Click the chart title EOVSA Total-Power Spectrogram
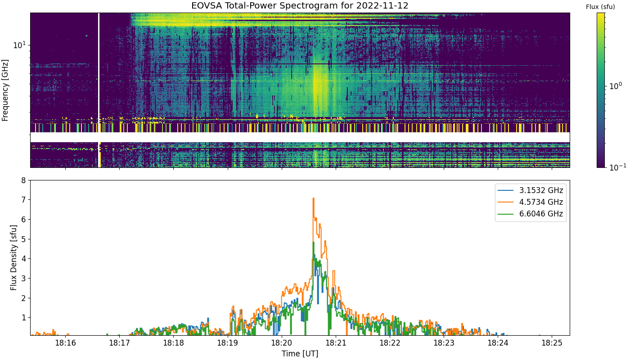[x=272, y=5]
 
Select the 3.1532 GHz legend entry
[x=531, y=190]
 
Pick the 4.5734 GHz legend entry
[x=531, y=202]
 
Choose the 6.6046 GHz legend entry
[x=531, y=214]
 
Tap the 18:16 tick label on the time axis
[x=66, y=343]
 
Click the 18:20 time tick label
[x=282, y=343]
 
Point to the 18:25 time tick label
[x=552, y=343]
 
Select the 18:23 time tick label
[x=444, y=343]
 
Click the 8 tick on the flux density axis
[x=23, y=180]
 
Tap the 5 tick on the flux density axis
[x=23, y=239]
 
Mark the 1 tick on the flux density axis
[x=23, y=318]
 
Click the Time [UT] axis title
[x=300, y=354]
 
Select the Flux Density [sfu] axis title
[x=13, y=257]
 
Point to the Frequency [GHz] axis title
[x=5, y=90]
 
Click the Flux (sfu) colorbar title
[x=600, y=7]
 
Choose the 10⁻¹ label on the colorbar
[x=617, y=167]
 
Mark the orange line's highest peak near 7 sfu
[x=313, y=198]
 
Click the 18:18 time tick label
[x=174, y=343]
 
